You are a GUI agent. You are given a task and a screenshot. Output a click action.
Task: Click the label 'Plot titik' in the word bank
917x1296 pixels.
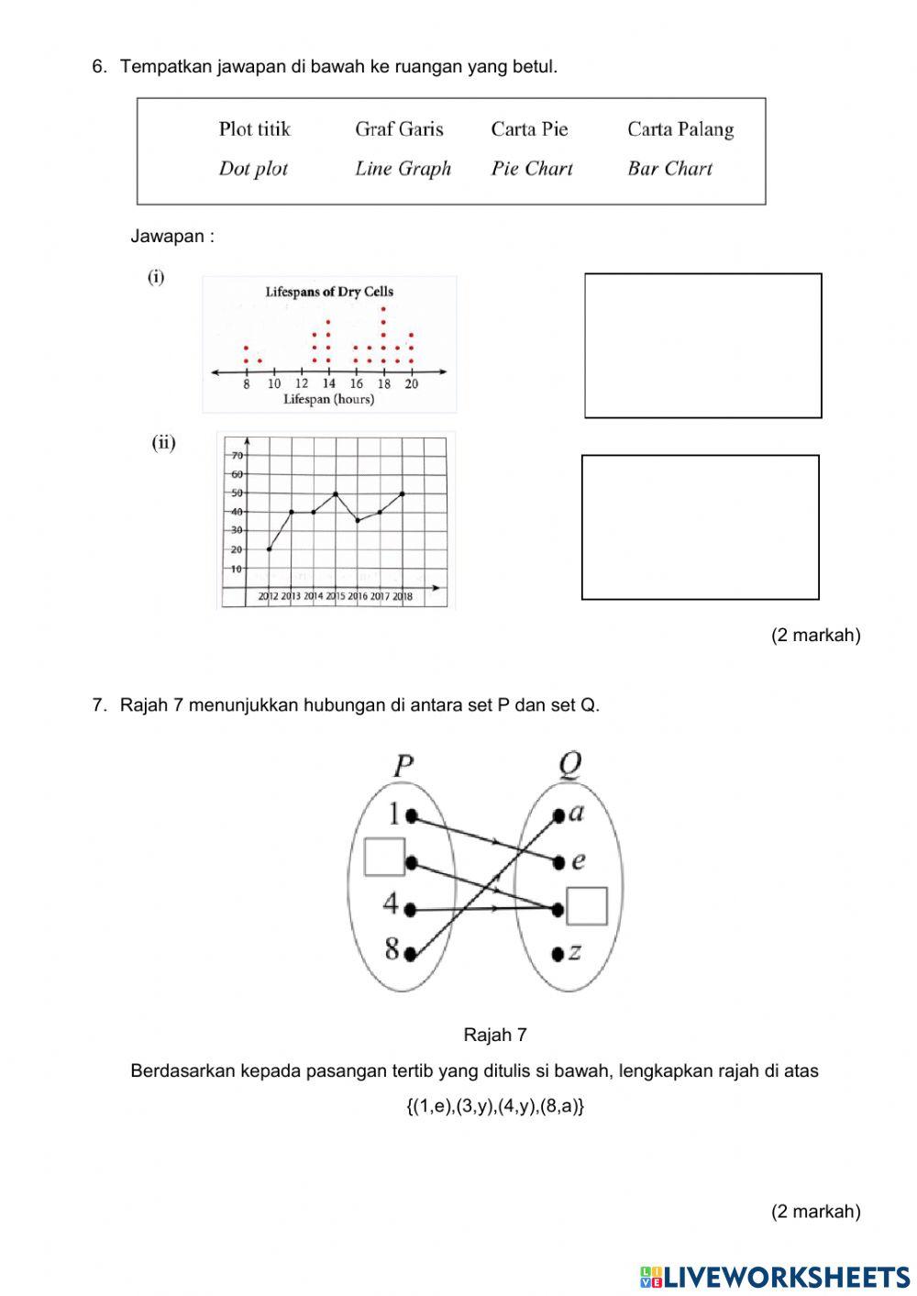254,129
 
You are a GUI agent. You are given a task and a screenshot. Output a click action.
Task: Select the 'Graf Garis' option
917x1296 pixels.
399,129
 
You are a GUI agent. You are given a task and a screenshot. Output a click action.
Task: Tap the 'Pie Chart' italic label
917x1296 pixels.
532,169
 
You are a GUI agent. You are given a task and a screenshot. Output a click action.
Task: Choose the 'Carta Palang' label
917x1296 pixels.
680,129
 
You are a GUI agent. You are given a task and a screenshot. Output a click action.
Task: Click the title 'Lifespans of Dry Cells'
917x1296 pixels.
329,292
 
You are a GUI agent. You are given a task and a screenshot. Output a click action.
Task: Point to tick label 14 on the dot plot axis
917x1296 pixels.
328,384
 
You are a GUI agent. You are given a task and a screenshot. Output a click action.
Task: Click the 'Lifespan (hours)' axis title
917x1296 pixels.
328,399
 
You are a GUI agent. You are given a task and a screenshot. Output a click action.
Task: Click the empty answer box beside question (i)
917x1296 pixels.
702,346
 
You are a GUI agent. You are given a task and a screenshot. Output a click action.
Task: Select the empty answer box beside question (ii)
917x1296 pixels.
700,527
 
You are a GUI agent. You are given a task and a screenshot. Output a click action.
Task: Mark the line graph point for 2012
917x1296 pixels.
269,549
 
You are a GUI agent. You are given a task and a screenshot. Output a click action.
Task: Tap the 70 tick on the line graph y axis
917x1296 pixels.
237,455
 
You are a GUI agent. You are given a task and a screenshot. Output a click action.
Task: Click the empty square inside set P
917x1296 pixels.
384,857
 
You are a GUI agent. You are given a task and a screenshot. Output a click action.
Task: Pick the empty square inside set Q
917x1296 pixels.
587,906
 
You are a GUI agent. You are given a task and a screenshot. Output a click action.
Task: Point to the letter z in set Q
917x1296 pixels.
575,952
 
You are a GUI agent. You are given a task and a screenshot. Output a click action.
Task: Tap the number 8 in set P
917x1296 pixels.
392,949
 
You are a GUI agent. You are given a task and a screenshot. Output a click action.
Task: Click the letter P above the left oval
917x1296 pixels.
403,766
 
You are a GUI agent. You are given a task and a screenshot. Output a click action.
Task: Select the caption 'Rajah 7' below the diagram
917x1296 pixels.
495,1036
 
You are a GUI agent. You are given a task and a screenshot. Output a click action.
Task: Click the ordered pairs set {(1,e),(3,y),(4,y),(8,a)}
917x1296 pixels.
495,1106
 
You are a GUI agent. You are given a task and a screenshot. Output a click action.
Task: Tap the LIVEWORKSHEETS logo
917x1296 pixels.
775,1276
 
